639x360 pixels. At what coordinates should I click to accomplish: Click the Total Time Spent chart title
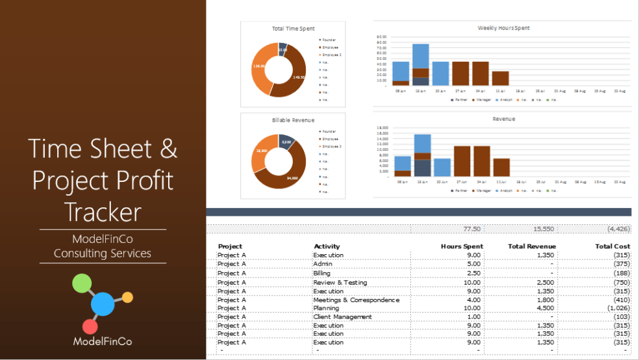(292, 29)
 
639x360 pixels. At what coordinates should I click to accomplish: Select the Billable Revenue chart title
(293, 120)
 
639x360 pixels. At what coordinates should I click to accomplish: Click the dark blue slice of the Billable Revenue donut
(286, 140)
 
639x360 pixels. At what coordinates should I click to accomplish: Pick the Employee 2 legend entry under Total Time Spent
(330, 55)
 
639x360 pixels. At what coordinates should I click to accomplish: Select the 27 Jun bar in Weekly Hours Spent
(460, 73)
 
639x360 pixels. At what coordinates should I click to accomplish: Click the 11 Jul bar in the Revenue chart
(501, 168)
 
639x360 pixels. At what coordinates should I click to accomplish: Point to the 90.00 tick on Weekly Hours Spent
(381, 36)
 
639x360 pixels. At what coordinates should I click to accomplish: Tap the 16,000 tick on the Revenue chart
(382, 128)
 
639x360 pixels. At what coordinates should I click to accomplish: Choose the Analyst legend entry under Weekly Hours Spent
(503, 100)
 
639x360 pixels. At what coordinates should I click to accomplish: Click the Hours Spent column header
(462, 247)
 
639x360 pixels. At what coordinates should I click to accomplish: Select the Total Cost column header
(612, 247)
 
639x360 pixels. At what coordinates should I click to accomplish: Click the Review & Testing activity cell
(340, 283)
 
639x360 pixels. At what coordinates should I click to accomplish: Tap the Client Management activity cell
(342, 317)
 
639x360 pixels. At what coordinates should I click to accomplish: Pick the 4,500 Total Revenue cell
(543, 309)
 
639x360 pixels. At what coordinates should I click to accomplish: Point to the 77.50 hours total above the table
(471, 229)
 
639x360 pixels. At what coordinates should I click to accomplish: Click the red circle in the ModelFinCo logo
(90, 327)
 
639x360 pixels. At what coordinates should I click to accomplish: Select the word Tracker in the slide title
(103, 211)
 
